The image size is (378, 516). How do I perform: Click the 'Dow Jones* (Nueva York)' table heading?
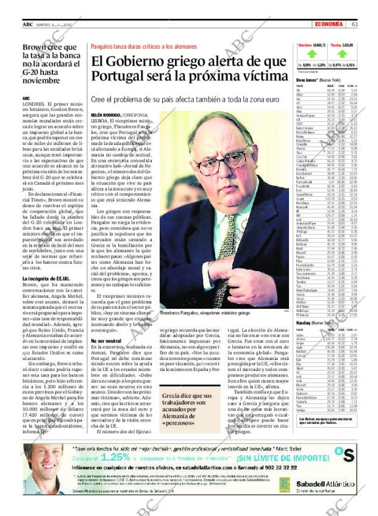(x=318, y=80)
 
